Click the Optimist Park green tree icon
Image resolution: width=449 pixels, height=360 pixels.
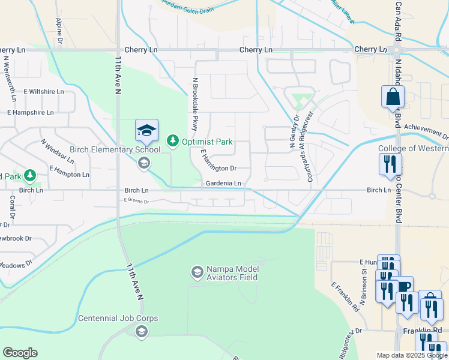(x=173, y=140)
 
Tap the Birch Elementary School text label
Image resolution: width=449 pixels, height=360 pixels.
(x=115, y=149)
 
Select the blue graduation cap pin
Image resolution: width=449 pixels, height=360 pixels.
(x=146, y=130)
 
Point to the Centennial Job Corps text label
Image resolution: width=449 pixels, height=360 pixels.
(x=118, y=318)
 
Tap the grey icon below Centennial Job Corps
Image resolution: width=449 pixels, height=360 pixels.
(x=142, y=331)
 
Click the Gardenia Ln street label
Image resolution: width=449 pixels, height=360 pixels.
(x=223, y=183)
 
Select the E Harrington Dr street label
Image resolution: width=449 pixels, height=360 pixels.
(x=218, y=164)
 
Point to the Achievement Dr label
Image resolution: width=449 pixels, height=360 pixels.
(x=426, y=127)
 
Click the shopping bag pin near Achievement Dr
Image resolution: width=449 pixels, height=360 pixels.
(x=393, y=96)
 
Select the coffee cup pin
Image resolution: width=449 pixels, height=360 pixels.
(x=405, y=286)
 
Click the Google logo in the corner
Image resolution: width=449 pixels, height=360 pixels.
(x=20, y=353)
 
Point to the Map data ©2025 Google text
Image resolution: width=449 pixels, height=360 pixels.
(x=411, y=355)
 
